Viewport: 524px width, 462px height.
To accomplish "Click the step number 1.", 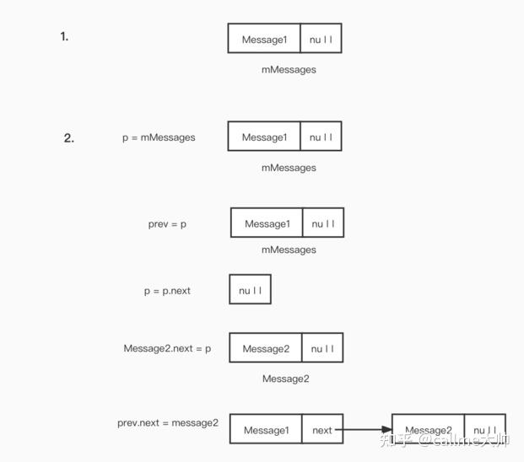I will click(64, 36).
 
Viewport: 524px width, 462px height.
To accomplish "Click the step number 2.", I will click(68, 138).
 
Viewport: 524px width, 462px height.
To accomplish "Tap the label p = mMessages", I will click(159, 137).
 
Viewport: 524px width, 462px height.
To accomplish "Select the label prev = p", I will click(167, 223).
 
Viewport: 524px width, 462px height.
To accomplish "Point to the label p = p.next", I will click(167, 291).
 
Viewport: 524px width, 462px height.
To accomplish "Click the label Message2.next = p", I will click(167, 348).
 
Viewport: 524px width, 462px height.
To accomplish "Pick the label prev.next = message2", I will click(168, 422).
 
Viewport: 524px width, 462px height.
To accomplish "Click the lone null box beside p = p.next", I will click(250, 291).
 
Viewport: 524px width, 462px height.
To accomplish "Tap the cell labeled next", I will click(322, 430).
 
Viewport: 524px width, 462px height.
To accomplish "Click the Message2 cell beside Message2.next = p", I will click(266, 348).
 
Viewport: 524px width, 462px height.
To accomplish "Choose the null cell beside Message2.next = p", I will click(322, 348).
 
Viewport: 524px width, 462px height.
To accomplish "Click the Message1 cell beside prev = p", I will click(267, 223).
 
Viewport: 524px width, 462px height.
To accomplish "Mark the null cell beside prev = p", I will click(323, 223).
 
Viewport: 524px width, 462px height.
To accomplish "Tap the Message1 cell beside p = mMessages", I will click(264, 137).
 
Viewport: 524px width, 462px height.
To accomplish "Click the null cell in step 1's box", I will click(321, 40).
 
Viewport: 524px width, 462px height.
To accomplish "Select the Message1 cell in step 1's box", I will click(264, 40).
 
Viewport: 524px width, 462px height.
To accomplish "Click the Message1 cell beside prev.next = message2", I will click(266, 430).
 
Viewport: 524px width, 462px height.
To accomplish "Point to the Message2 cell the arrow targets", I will click(428, 431).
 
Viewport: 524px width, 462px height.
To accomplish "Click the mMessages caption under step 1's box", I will click(289, 70).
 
